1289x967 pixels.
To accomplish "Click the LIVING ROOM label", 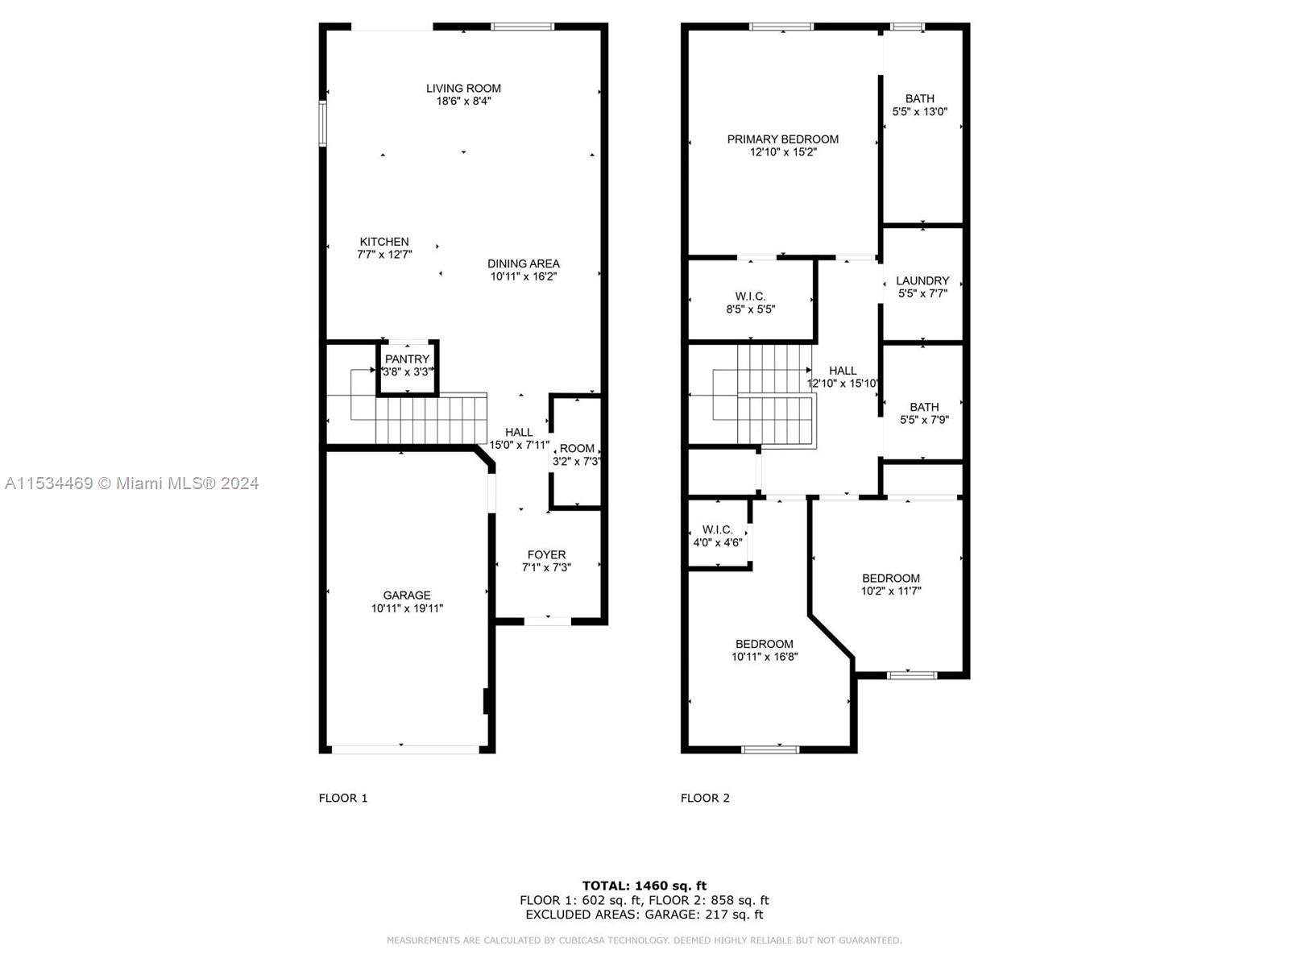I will [x=463, y=89].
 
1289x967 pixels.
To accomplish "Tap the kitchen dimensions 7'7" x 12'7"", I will [x=384, y=255].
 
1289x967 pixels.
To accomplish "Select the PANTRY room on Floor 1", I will [x=408, y=365].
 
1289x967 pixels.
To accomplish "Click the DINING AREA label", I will [x=523, y=264].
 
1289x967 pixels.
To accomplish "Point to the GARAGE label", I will [x=407, y=596].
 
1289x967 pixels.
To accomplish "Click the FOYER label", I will [x=546, y=554].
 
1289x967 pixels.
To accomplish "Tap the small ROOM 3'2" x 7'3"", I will [x=577, y=454].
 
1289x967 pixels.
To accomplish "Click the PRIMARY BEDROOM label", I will [x=782, y=139].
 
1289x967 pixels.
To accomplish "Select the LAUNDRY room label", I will [x=922, y=281].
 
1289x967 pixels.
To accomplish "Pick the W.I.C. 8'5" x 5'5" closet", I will [x=750, y=302].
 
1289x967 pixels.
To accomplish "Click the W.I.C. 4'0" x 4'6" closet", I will [x=717, y=536].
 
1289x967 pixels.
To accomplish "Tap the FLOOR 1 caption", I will [x=343, y=798].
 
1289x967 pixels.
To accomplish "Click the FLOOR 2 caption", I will [x=705, y=798].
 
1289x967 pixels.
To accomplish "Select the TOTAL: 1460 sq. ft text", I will [x=644, y=886].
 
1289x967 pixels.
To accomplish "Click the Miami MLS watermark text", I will [x=131, y=483].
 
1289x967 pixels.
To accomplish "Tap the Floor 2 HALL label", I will [x=843, y=371].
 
